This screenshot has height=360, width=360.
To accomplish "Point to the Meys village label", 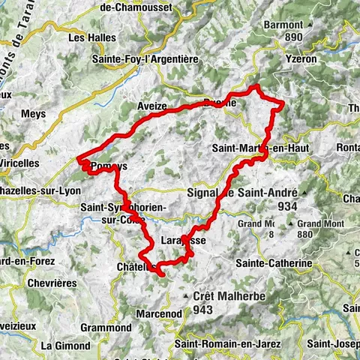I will (x=34, y=114).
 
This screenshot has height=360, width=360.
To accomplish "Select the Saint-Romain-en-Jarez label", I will (x=221, y=343).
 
